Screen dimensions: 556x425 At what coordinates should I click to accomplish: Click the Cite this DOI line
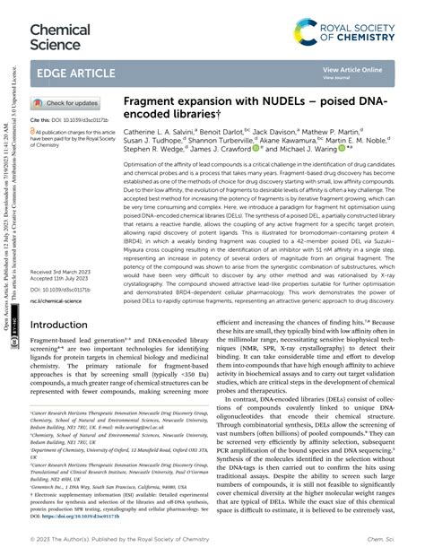pyautogui.click(x=69, y=118)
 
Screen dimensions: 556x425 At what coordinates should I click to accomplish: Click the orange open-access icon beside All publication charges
pyautogui.click(x=34, y=130)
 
